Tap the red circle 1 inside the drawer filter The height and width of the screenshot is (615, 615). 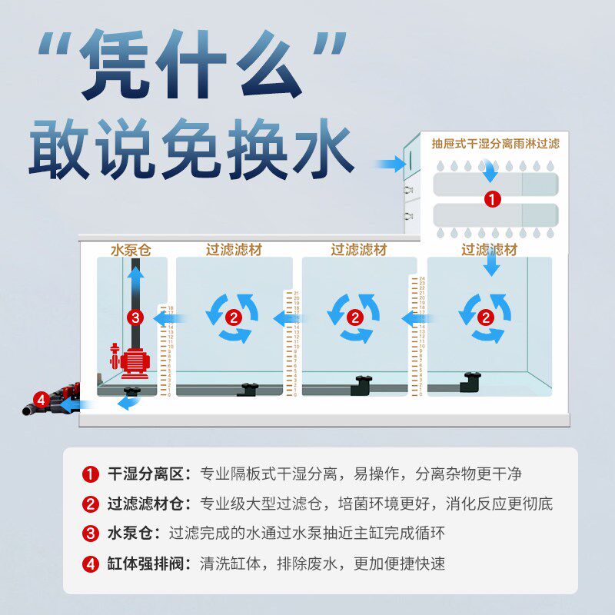[492, 199]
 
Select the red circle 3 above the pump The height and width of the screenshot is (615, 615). [135, 316]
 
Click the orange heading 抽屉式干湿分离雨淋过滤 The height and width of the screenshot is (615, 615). [496, 144]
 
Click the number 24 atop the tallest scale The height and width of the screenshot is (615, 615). [421, 278]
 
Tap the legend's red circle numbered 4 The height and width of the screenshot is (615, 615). [91, 563]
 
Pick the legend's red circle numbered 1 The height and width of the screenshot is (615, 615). [91, 474]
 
